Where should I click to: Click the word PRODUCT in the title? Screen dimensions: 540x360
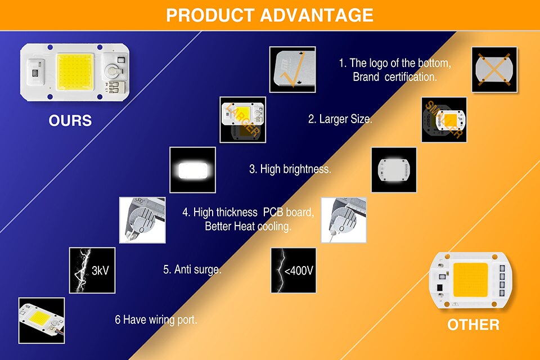tap(210, 15)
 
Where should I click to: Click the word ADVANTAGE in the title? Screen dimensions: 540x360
tap(317, 15)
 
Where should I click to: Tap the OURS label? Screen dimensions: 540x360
tap(70, 120)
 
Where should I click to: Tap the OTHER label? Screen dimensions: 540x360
tap(473, 325)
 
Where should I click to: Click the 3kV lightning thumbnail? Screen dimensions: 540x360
tap(92, 271)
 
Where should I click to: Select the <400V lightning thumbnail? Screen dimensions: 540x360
tap(294, 271)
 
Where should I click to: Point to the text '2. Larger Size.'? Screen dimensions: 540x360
tap(340, 119)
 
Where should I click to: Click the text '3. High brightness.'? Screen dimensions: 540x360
tap(290, 169)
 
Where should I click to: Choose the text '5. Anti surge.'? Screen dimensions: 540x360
tap(192, 269)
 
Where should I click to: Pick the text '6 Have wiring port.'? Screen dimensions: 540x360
tap(156, 319)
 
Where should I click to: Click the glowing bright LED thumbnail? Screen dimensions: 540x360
tap(193, 170)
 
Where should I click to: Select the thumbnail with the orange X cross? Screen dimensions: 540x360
tap(494, 70)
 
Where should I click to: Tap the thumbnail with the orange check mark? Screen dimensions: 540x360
tap(292, 70)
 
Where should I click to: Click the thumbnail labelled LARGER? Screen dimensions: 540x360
tap(243, 120)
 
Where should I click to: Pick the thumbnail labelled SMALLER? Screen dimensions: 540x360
tap(444, 120)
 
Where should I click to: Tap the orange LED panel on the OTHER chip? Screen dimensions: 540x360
tap(470, 280)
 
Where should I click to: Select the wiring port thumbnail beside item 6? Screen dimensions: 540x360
tap(41, 321)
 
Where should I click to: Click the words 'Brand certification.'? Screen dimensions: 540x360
tap(395, 77)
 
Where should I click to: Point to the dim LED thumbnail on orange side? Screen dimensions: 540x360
tap(394, 170)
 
